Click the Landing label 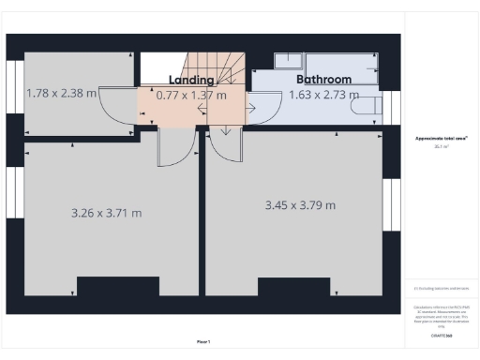(191, 80)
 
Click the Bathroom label (323, 80)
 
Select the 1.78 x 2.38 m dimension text (62, 93)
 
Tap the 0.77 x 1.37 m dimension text (191, 95)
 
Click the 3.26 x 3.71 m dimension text (106, 213)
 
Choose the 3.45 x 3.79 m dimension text (300, 204)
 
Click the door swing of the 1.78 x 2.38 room (118, 106)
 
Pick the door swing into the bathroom (258, 106)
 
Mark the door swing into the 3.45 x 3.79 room (226, 146)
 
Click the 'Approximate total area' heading (441, 138)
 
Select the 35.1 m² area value (441, 146)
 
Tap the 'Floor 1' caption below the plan (203, 341)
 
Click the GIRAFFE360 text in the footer (441, 335)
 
